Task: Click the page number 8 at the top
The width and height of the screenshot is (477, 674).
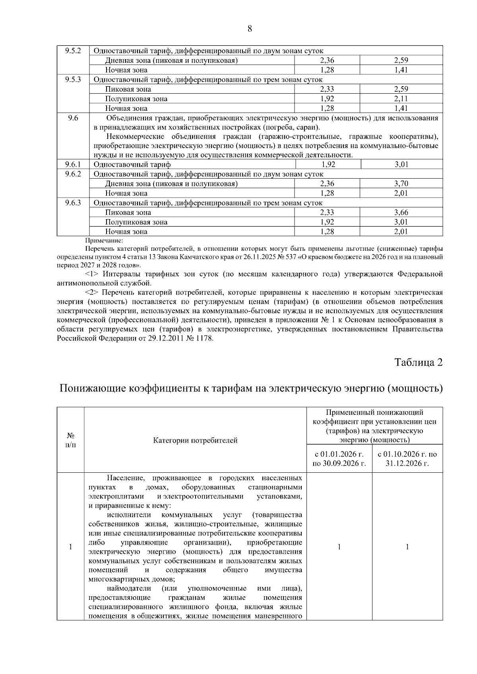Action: (x=250, y=29)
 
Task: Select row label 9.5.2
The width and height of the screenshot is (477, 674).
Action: (x=73, y=51)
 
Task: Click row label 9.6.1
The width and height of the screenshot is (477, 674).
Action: (x=73, y=164)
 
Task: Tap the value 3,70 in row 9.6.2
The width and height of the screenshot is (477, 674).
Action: (x=401, y=183)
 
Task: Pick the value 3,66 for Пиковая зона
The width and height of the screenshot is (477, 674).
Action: (x=401, y=212)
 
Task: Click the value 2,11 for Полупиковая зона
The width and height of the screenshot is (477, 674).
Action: (x=401, y=99)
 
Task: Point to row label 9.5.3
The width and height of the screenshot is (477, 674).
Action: (x=73, y=79)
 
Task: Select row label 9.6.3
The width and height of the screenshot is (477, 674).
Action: (x=73, y=203)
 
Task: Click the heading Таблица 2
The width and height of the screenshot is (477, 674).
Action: (x=418, y=362)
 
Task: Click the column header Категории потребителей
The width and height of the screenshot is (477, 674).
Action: (x=195, y=440)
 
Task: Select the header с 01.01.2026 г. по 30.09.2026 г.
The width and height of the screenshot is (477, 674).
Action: (x=339, y=458)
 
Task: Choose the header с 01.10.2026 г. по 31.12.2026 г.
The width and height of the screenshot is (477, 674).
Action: (x=407, y=458)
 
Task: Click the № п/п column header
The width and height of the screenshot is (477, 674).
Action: (x=70, y=440)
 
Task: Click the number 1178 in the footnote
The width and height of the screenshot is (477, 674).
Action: (x=205, y=339)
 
